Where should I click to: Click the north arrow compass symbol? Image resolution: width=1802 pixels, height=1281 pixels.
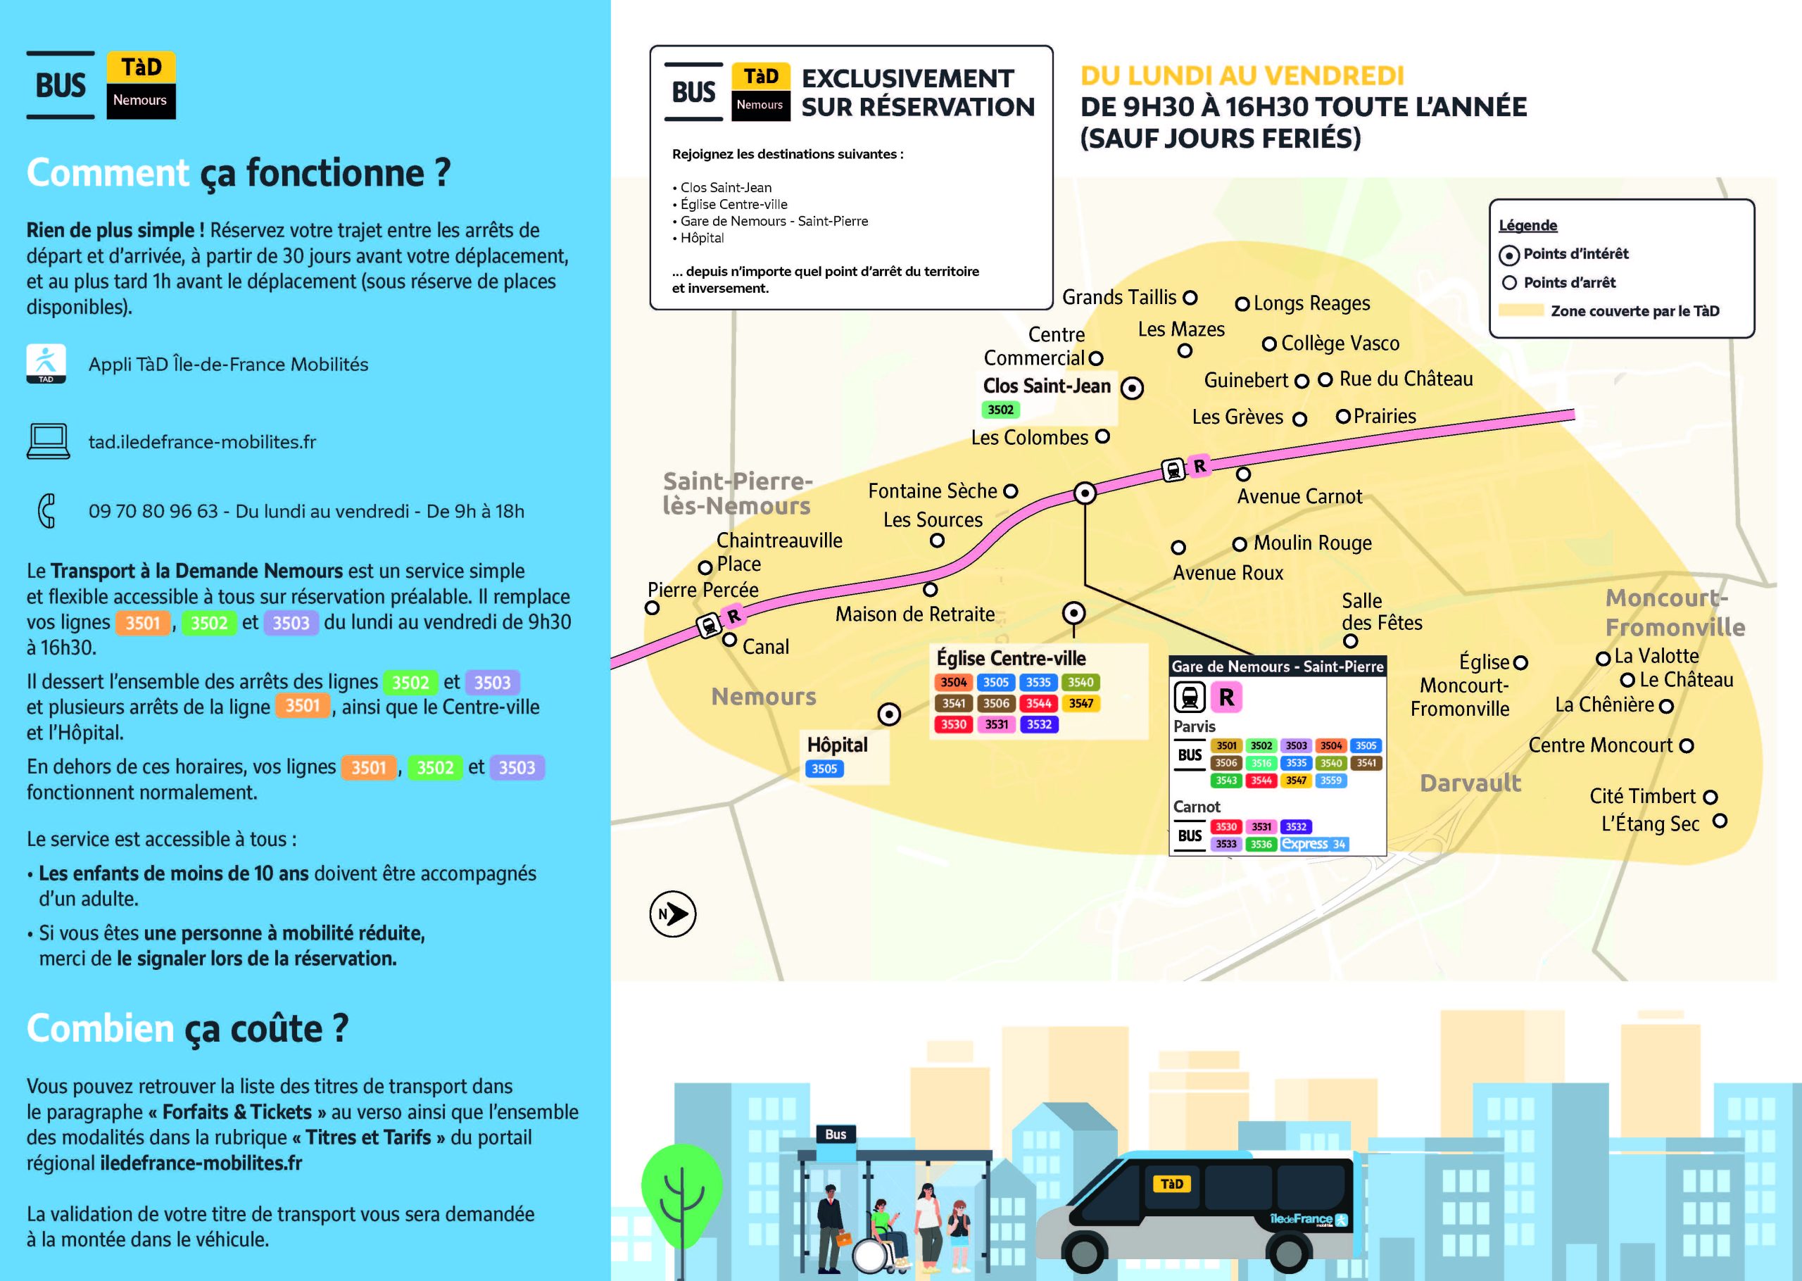672,914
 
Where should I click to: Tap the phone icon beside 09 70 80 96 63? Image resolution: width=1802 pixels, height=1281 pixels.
46,510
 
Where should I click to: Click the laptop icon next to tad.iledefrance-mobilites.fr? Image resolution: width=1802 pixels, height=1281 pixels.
47,441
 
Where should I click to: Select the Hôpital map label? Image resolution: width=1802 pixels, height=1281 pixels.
837,745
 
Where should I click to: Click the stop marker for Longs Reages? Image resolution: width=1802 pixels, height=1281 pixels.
1242,303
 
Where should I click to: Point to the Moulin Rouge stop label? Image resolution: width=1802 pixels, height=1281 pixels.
1312,543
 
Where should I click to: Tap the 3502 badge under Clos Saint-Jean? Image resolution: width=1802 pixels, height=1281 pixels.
1000,410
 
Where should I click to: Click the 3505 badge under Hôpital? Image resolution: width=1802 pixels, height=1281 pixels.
824,769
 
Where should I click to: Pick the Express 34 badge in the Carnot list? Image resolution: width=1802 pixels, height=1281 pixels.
1314,844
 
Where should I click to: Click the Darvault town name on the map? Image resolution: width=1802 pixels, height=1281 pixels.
1470,783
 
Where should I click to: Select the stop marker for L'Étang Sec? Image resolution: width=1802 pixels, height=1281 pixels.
1720,821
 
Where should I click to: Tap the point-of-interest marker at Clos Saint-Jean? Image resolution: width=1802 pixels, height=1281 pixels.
1132,388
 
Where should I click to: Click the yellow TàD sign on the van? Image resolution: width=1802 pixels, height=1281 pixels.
1171,1183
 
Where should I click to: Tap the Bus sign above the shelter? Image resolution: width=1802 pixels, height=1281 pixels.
835,1135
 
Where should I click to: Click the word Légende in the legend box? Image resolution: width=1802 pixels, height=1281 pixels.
1527,226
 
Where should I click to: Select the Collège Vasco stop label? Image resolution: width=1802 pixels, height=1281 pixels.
1340,343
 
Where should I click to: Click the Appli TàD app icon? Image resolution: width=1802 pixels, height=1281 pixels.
46,364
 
